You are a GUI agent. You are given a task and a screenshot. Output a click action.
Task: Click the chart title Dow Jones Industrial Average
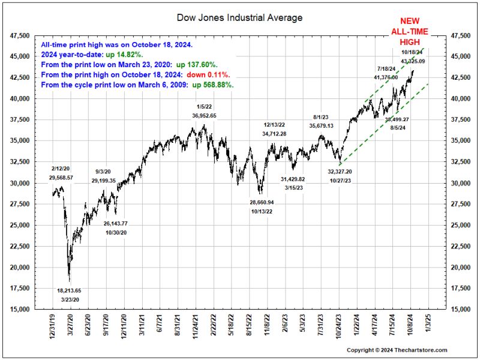pos(239,17)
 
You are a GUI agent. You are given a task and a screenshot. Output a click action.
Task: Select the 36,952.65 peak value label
pos(196,115)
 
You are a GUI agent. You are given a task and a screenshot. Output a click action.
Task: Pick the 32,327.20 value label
pos(340,172)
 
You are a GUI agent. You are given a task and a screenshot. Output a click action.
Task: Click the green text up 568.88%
pos(212,85)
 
